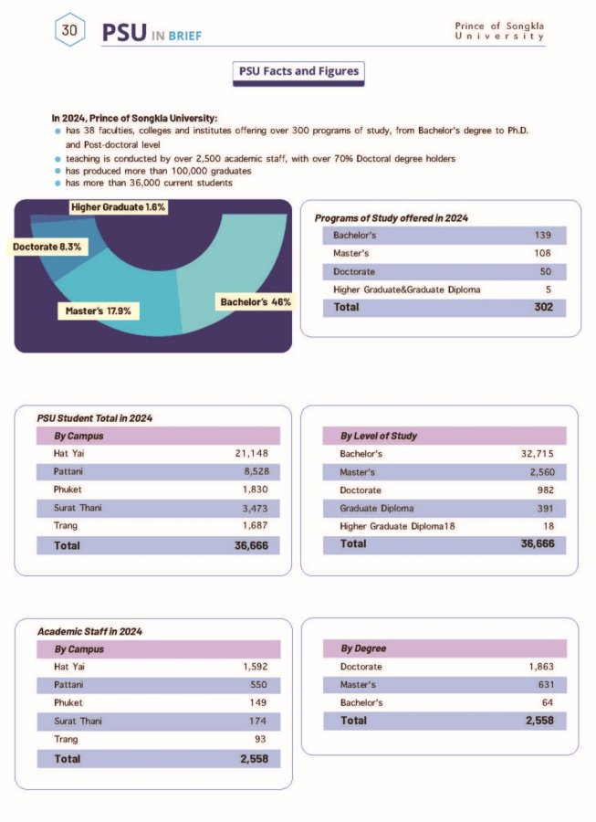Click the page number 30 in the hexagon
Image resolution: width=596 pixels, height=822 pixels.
click(69, 30)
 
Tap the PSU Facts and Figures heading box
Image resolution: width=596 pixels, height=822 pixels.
click(298, 71)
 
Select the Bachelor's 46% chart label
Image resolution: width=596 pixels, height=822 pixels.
click(256, 301)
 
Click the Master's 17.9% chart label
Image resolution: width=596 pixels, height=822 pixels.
click(99, 311)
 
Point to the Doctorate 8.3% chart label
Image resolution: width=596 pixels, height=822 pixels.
click(48, 248)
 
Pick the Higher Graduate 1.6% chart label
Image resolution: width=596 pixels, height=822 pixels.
click(118, 207)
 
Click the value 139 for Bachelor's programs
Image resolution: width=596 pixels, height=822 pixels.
click(542, 236)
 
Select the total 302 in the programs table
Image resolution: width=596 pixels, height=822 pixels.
click(543, 307)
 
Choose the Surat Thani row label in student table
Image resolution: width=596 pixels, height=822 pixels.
click(78, 507)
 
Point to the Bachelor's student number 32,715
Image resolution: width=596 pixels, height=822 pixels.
click(535, 453)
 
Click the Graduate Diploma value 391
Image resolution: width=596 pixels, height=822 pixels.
click(543, 507)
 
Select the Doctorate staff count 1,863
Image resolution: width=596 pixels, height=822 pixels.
click(540, 667)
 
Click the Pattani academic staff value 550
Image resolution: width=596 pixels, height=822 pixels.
click(257, 684)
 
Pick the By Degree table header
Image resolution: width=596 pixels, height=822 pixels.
click(363, 648)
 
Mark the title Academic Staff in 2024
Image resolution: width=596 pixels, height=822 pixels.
click(89, 631)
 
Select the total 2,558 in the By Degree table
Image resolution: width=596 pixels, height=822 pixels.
click(538, 721)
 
